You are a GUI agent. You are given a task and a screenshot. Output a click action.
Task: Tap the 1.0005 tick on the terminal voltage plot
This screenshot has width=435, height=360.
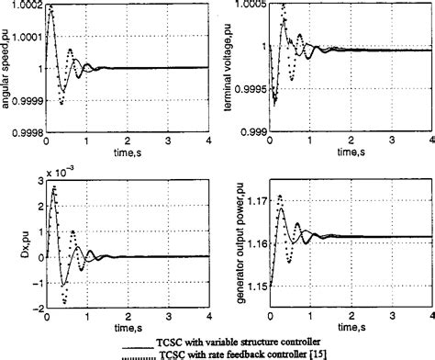[243, 6]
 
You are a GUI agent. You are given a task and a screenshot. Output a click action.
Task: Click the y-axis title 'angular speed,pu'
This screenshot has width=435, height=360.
[6, 68]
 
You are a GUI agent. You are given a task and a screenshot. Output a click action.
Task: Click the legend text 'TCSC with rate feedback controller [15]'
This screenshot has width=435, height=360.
[278, 353]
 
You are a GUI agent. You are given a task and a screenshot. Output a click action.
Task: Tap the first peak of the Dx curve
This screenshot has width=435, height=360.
[54, 187]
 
